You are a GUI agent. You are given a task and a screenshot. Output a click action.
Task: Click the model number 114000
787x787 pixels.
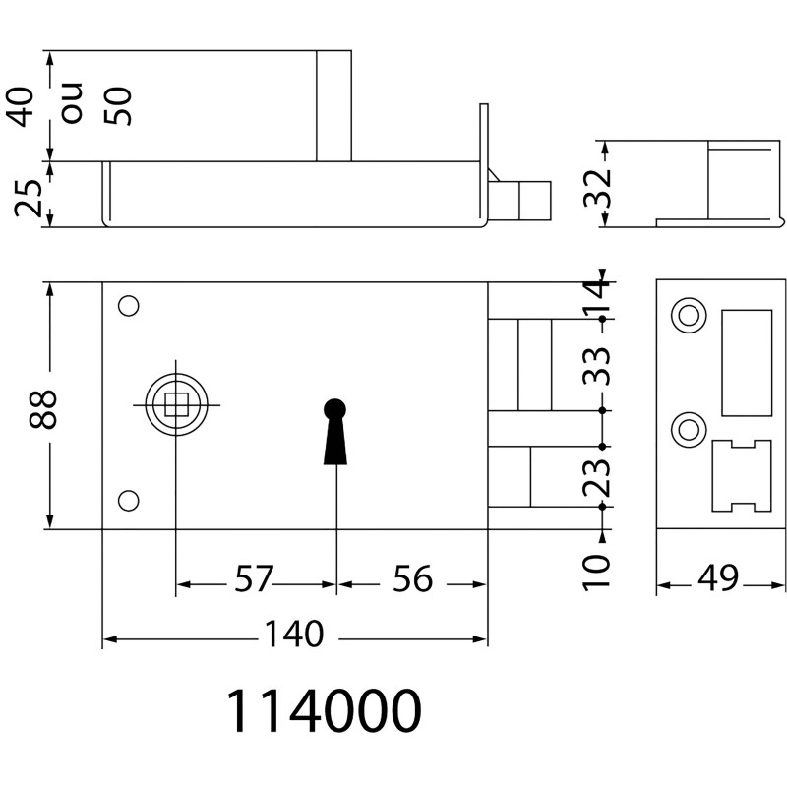[x=325, y=710]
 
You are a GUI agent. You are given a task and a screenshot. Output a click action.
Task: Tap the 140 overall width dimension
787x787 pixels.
[x=293, y=634]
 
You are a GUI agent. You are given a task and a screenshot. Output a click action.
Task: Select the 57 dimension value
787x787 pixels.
[x=255, y=578]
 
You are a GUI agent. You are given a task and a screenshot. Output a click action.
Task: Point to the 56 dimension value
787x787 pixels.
[x=412, y=578]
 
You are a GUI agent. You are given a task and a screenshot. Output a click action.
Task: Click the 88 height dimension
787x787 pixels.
[x=42, y=409]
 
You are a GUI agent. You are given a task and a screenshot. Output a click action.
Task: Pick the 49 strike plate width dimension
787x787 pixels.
[x=718, y=577]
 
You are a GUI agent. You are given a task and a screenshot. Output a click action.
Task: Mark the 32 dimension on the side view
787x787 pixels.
[x=597, y=189]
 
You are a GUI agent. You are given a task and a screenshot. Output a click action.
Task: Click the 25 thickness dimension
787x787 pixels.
[x=29, y=198]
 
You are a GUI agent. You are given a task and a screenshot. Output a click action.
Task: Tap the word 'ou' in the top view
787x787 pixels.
[x=71, y=103]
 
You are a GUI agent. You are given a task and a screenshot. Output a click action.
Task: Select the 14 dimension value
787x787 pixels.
[x=597, y=297]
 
